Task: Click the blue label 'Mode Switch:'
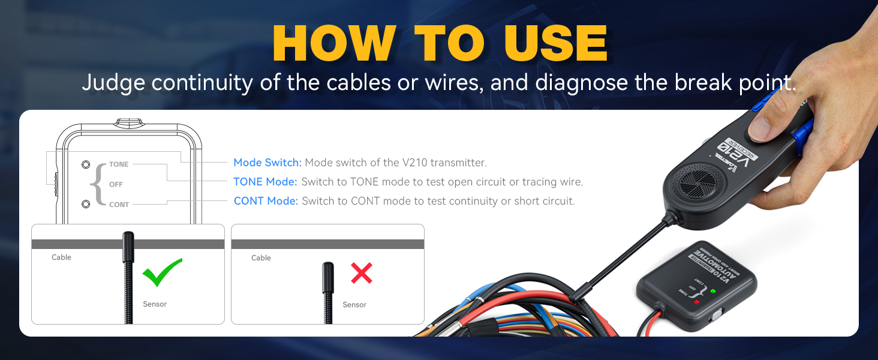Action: pos(267,163)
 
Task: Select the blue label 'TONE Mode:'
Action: pos(265,182)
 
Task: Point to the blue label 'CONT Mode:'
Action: pos(266,201)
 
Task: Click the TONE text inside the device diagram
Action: pos(119,164)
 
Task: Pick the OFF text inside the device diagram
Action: pos(116,184)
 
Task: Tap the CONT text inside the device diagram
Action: pos(119,205)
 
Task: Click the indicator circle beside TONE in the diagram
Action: pos(86,164)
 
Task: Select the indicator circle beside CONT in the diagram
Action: pos(86,204)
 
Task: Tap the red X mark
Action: pos(362,273)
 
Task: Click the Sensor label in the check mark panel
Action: pos(155,304)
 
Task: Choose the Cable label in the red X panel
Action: pos(261,258)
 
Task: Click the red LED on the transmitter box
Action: pos(696,301)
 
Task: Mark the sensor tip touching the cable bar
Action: pos(128,240)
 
